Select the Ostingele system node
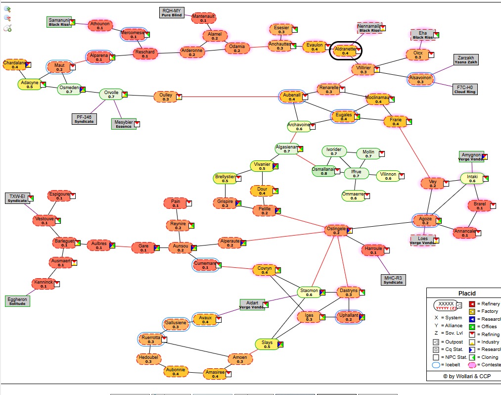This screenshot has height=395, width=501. coord(336,230)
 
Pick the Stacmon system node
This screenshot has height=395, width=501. coord(309,292)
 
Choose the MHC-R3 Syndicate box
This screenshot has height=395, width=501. coord(393,280)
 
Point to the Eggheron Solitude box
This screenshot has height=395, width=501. coord(17,301)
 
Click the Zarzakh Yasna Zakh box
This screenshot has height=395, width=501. coord(465,59)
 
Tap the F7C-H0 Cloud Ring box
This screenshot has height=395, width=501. coord(465,89)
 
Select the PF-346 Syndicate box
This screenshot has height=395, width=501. coord(84,119)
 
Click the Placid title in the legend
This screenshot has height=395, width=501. coord(466,293)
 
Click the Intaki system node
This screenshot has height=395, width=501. coord(472,178)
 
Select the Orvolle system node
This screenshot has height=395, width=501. coord(111,94)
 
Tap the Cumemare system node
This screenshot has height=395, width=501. coord(205,265)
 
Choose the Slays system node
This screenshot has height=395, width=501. coord(267,344)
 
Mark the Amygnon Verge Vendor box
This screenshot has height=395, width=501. coord(470,156)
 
